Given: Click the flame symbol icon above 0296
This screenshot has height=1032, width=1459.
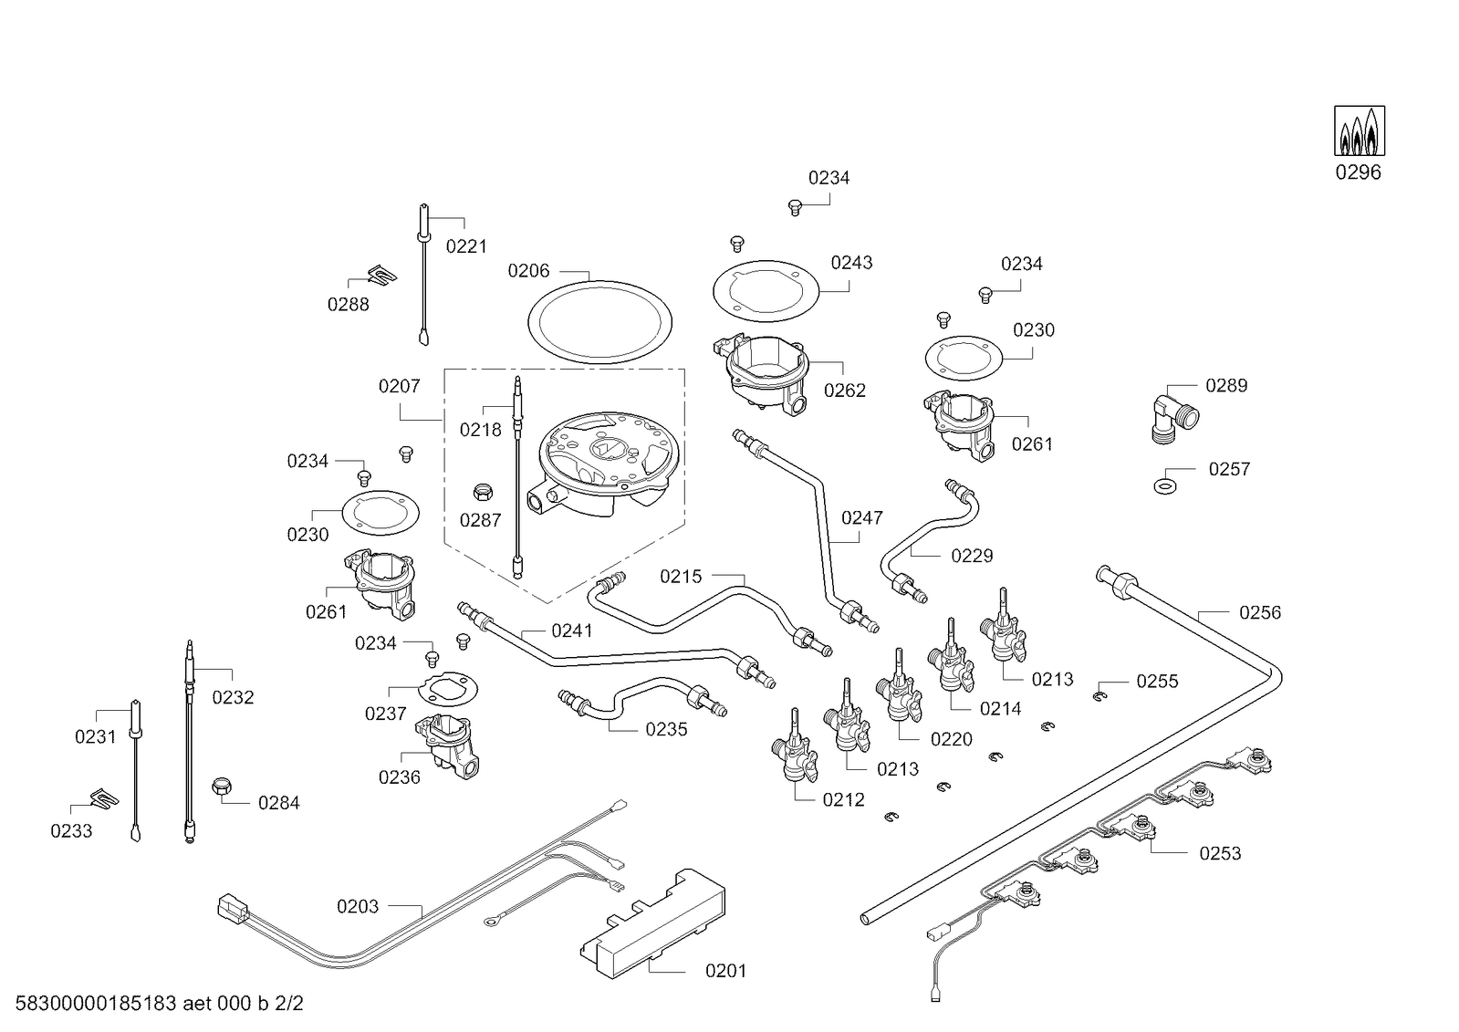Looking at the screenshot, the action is click(x=1360, y=131).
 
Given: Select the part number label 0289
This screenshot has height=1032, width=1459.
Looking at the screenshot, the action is click(x=1226, y=386).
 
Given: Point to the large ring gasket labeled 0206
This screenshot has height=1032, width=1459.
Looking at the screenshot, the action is click(x=599, y=322).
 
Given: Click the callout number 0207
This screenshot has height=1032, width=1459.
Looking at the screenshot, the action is click(x=400, y=386).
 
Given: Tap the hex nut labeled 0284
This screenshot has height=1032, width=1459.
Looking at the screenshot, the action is click(x=222, y=787).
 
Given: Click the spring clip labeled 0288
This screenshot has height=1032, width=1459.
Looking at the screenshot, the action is click(x=382, y=275).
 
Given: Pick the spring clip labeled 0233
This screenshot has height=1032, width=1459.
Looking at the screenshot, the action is click(x=105, y=798).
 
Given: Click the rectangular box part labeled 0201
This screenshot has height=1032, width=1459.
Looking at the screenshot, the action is click(x=652, y=923).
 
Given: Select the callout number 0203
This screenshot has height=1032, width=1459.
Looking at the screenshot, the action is click(x=358, y=906).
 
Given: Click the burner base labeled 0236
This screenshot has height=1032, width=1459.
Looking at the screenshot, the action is click(x=447, y=746).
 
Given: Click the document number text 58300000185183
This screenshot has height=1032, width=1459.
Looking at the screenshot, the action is click(x=95, y=1004).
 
